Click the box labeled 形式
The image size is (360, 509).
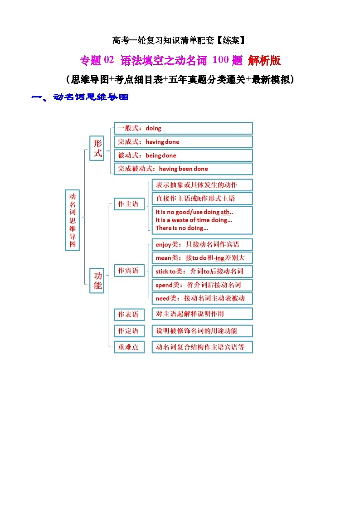(x=98, y=148)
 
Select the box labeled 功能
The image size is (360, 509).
(x=98, y=281)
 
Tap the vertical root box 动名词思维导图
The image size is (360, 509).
(x=73, y=220)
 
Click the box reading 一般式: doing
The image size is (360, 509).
(x=183, y=128)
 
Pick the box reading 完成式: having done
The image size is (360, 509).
(x=183, y=142)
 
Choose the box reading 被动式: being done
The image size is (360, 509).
(x=183, y=155)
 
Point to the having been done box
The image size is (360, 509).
(x=183, y=169)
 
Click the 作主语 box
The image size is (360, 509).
(x=129, y=204)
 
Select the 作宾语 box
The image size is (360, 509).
(x=129, y=271)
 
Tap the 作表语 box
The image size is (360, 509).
(x=129, y=314)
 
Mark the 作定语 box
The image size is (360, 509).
(x=129, y=331)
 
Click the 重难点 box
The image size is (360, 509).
(x=129, y=347)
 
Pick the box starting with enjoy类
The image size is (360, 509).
(x=202, y=245)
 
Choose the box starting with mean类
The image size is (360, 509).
(x=202, y=258)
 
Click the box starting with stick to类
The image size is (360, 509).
(x=202, y=271)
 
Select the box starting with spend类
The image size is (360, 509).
(x=202, y=285)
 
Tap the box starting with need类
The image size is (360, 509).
(x=202, y=298)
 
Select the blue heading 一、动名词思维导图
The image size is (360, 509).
(x=79, y=97)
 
